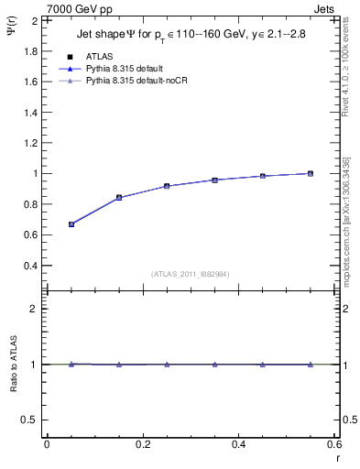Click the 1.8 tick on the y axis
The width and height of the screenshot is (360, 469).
click(29, 50)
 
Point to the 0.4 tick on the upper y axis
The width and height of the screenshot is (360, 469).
click(29, 266)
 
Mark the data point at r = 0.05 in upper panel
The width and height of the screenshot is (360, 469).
click(71, 224)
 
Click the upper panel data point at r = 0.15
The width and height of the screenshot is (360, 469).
click(119, 197)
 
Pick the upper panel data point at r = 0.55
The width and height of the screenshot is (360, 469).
click(311, 173)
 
